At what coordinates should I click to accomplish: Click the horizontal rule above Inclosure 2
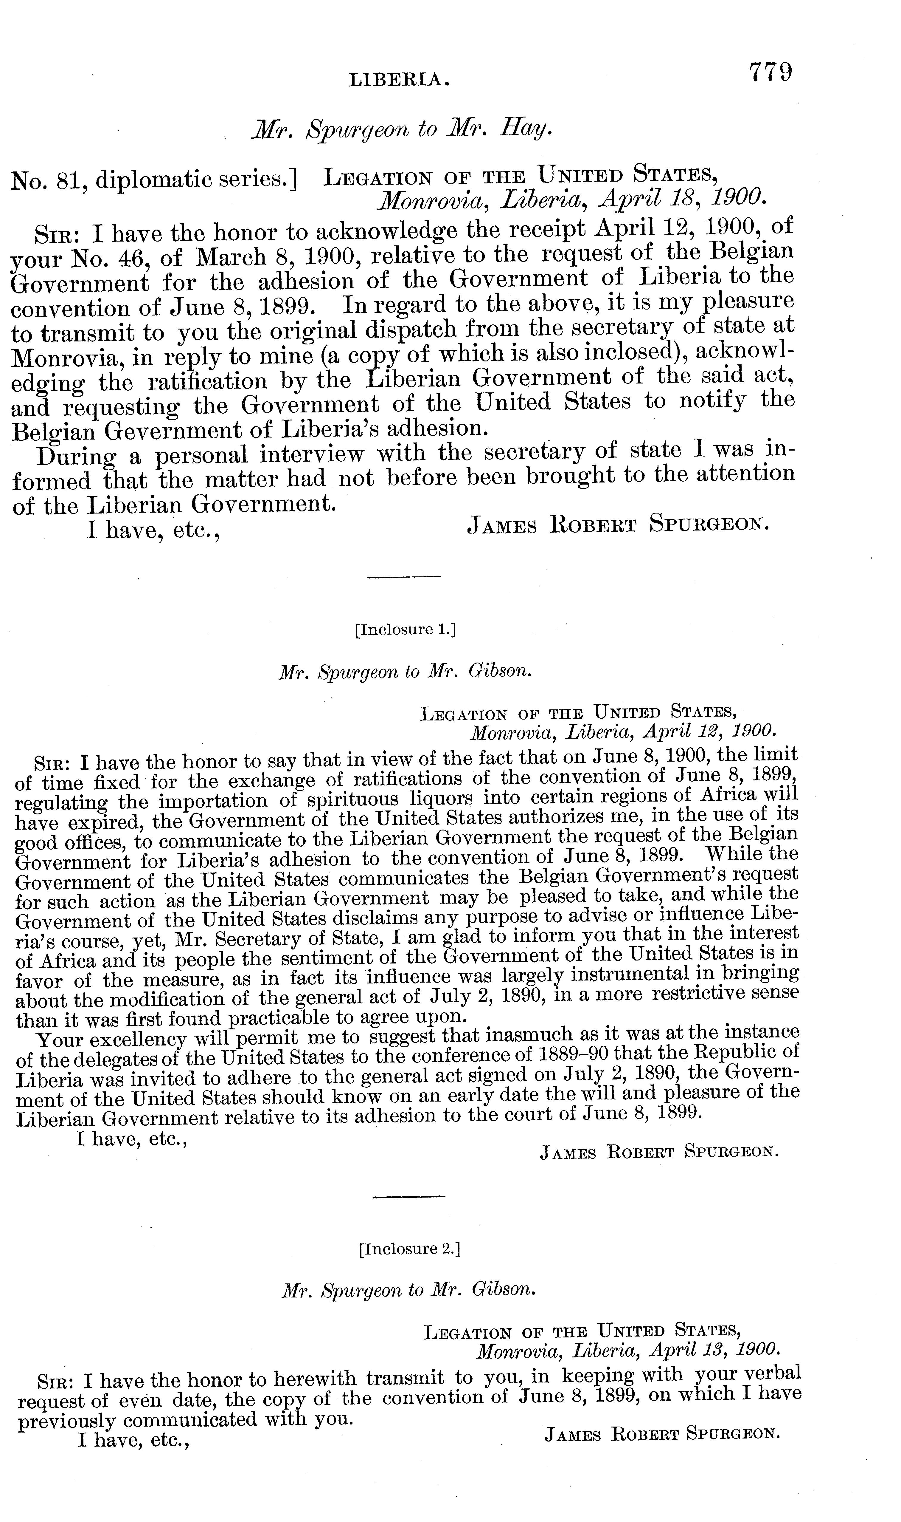pos(408,1197)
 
